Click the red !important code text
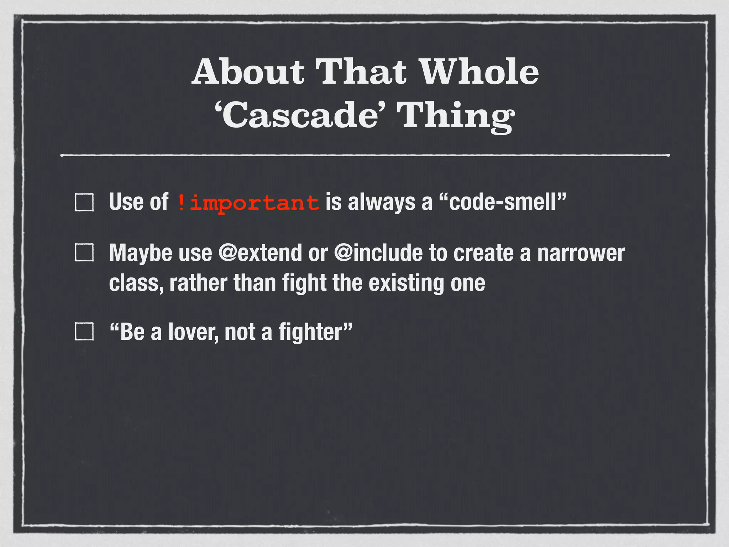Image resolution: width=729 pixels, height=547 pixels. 248,203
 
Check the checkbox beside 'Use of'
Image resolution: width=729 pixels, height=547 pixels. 84,203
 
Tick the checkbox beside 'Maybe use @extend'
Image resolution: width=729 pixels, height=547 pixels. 84,253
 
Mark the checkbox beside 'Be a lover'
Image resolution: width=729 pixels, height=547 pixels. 84,332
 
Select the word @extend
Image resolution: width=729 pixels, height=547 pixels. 260,253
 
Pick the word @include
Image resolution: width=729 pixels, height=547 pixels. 378,253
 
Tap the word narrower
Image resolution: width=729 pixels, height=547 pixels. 581,253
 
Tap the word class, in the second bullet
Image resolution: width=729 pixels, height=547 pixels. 136,283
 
